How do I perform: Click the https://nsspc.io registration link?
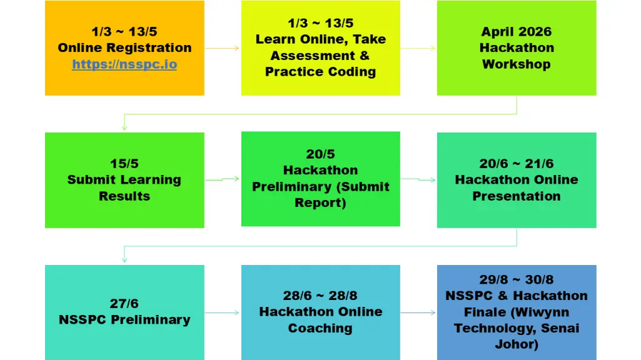coord(124,64)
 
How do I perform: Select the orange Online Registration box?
coord(124,47)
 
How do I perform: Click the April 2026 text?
coord(517,31)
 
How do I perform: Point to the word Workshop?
coord(517,64)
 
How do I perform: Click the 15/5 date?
coord(124,164)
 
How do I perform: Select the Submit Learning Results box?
coord(124,180)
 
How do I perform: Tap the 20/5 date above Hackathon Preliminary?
coord(320,154)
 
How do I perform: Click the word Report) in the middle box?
coord(320,202)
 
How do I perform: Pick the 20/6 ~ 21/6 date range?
coord(517,164)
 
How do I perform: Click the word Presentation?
coord(517,196)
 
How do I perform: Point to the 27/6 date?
coord(124,303)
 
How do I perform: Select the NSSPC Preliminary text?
coord(124,319)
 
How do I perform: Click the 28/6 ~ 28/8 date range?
coord(320,296)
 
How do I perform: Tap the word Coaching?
coord(320,328)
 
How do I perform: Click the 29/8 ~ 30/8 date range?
coord(517,279)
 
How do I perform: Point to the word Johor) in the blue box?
coord(517,344)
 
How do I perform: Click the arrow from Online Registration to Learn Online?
coord(222,48)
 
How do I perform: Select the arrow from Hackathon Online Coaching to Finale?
coord(418,312)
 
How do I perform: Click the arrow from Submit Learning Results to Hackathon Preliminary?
coord(222,179)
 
